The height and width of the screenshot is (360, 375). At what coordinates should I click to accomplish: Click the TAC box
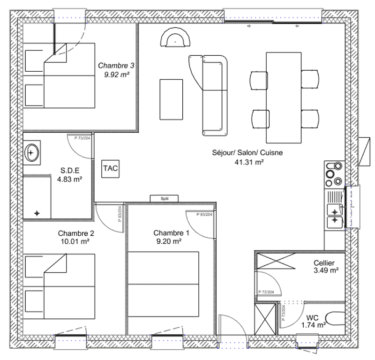(110, 169)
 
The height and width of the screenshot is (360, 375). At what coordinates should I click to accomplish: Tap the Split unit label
(165, 199)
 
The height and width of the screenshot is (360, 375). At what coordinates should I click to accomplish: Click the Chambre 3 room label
(116, 65)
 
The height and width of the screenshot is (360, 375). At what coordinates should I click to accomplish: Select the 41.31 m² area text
(249, 162)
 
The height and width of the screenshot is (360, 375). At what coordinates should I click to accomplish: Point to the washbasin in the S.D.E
(31, 153)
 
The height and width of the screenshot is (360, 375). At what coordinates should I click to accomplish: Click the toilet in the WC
(335, 319)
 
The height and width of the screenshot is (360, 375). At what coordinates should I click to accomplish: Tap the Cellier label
(324, 263)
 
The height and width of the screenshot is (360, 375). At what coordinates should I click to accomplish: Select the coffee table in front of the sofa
(171, 99)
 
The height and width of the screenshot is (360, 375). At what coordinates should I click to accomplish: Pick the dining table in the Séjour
(284, 97)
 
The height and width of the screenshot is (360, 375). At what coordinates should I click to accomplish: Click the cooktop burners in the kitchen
(334, 174)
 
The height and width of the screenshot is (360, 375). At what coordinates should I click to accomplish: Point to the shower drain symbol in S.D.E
(37, 213)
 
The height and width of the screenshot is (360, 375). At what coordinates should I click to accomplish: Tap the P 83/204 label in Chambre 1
(204, 215)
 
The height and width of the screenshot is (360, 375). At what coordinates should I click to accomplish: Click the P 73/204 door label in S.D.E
(82, 138)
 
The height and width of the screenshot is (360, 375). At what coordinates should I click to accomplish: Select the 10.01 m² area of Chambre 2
(75, 241)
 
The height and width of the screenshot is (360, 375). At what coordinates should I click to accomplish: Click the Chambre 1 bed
(163, 284)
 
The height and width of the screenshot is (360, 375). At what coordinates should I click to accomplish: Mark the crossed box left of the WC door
(265, 319)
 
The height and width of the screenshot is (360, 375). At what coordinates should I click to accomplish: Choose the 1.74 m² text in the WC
(313, 325)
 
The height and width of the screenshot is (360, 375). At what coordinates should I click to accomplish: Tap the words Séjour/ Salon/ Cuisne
(247, 153)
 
